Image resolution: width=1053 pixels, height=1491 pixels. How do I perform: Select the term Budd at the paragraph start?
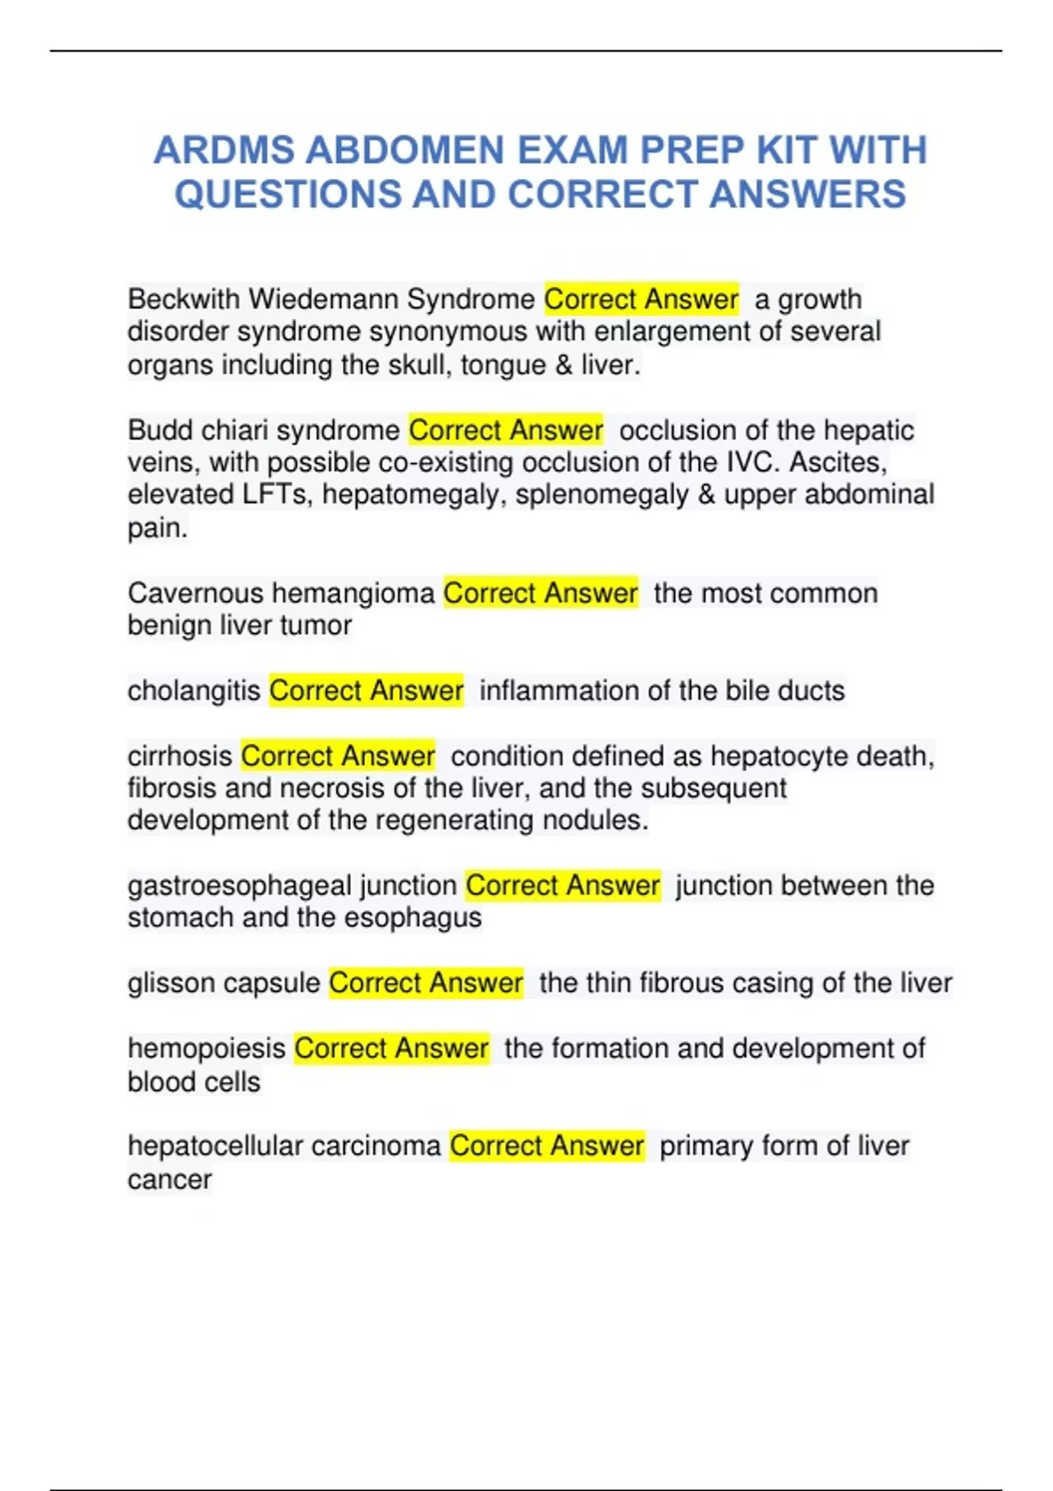point(160,431)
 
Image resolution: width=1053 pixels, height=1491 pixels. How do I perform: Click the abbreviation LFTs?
point(276,495)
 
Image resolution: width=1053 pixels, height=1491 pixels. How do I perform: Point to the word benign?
point(167,625)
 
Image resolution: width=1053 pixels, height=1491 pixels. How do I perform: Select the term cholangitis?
point(194,691)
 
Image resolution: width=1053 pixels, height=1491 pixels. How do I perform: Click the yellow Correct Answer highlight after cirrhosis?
point(338,756)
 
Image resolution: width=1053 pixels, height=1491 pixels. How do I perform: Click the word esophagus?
point(412,918)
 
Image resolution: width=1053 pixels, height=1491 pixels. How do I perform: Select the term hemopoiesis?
point(206,1049)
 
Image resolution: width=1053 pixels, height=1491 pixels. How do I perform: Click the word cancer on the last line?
point(169,1180)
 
